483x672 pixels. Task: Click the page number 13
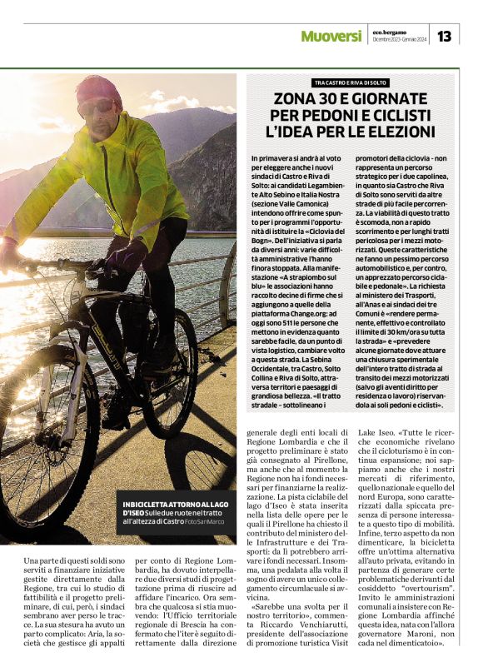coord(444,36)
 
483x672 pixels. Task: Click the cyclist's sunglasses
coord(97,107)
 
